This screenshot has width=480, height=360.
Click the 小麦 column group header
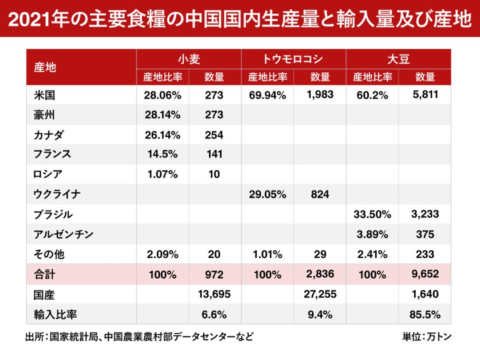click(188, 59)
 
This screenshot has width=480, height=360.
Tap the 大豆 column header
click(398, 59)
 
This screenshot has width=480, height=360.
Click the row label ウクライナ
click(57, 195)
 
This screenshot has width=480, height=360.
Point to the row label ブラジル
click(53, 214)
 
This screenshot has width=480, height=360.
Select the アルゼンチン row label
click(63, 234)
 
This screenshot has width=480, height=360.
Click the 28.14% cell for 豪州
click(162, 115)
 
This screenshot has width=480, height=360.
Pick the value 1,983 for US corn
click(320, 95)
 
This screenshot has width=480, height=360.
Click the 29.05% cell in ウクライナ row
click(267, 195)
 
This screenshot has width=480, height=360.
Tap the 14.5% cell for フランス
click(162, 154)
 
